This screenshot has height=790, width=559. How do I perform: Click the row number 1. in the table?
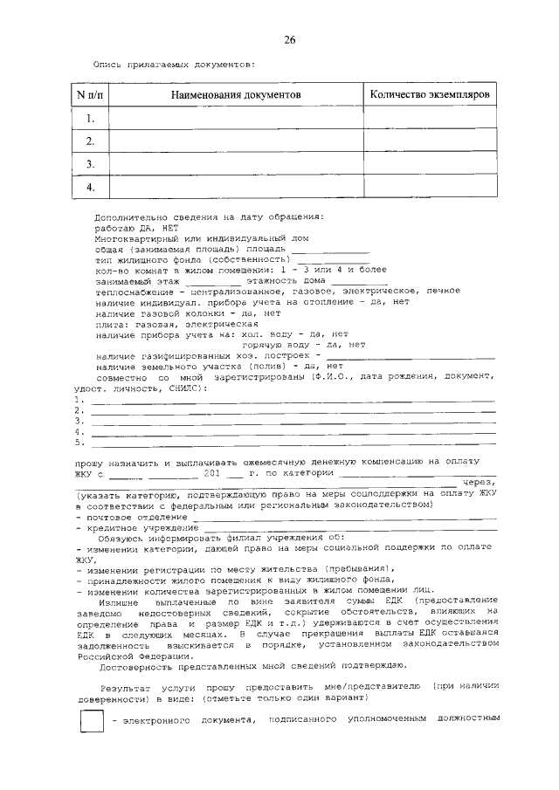tap(89, 117)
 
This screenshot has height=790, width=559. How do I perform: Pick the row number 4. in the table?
tap(89, 187)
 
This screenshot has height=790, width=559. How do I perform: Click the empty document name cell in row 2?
tap(235, 141)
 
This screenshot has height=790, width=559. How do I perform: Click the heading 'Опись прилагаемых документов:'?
tap(174, 64)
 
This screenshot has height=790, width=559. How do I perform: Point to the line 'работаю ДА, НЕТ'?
tap(135, 226)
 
